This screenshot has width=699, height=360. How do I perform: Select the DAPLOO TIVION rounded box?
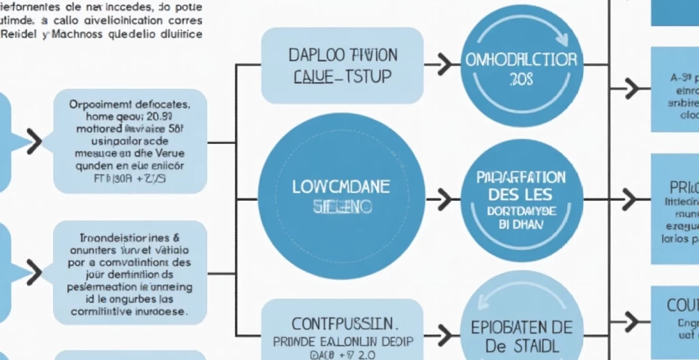[x=342, y=66]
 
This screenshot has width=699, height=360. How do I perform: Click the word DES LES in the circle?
[x=521, y=194]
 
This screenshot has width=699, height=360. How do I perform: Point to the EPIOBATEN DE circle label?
[x=522, y=328]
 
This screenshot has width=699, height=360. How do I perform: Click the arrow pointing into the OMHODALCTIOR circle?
[x=439, y=65]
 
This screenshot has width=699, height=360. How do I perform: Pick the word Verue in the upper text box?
[x=171, y=154]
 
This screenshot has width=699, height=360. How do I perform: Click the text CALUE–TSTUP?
[x=342, y=76]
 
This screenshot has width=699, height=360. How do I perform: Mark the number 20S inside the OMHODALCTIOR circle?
[x=522, y=79]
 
